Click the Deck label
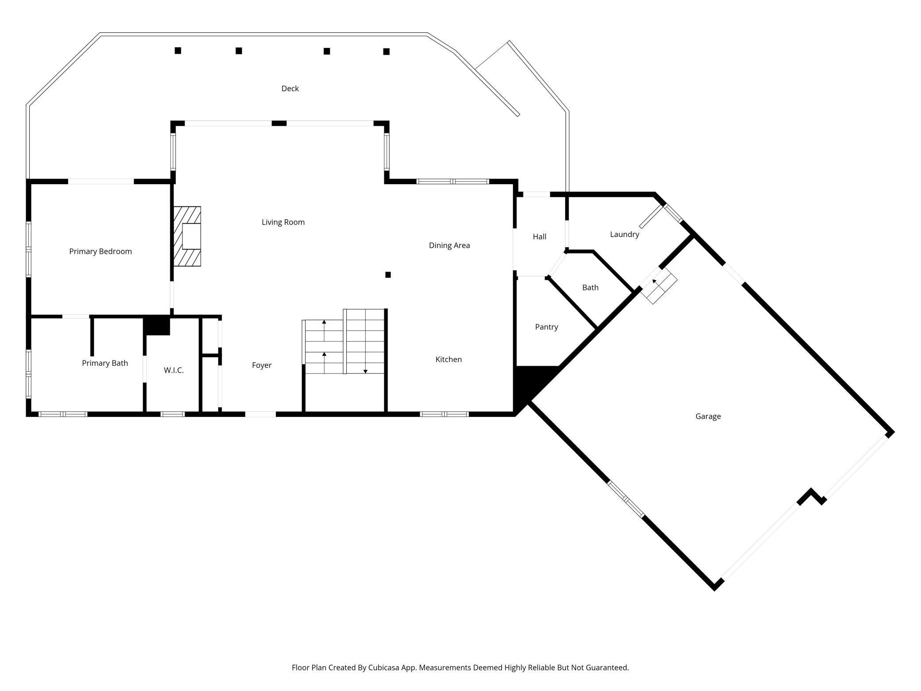point(290,89)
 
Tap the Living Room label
point(283,222)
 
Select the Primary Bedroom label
point(101,252)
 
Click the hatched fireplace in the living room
point(187,236)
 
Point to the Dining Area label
point(449,245)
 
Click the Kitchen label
point(449,359)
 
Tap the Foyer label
point(262,365)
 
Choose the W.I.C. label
point(174,370)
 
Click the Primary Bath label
point(105,363)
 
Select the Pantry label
point(546,327)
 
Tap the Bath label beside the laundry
point(590,287)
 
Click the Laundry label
point(624,234)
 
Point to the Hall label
point(539,237)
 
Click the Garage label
point(708,416)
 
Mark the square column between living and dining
point(388,275)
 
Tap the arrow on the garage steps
point(654,281)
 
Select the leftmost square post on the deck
point(178,50)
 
